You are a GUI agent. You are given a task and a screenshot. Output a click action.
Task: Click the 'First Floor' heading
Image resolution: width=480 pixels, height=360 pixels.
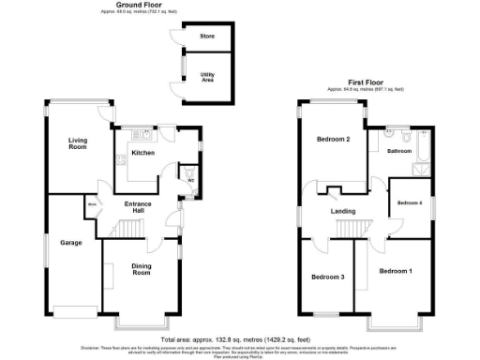coord(366,82)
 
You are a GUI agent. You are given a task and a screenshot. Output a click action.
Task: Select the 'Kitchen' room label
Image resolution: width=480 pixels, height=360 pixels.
coord(142,153)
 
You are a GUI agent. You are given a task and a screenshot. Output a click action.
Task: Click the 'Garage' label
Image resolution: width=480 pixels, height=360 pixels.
coord(71,243)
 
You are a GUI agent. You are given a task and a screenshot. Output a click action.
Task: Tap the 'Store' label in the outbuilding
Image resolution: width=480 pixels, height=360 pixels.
coord(207,37)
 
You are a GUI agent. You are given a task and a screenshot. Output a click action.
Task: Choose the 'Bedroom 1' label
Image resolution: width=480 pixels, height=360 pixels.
coord(395,271)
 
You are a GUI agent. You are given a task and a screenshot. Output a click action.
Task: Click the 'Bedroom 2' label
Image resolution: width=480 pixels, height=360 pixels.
coord(333,140)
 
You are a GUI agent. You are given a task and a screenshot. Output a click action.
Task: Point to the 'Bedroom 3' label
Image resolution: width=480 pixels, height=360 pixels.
coord(328,277)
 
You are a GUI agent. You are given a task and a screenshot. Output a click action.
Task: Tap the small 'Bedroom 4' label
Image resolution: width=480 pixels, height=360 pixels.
coord(409,203)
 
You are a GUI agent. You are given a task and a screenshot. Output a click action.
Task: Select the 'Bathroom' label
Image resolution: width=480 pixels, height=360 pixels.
coord(401,150)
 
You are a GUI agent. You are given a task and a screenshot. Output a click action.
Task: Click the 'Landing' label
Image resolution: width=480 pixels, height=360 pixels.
coord(342,211)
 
